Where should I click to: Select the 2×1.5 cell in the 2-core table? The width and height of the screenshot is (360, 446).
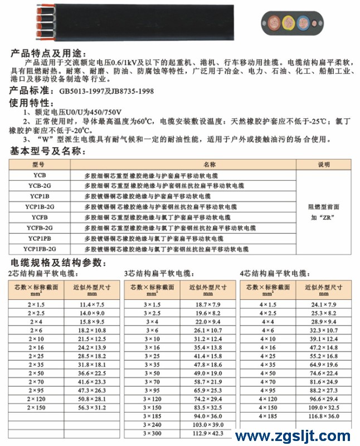click(x=32, y=304)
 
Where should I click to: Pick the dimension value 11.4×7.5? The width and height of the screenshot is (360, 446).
click(x=91, y=304)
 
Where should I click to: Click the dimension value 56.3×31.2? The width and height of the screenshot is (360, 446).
click(x=91, y=408)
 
